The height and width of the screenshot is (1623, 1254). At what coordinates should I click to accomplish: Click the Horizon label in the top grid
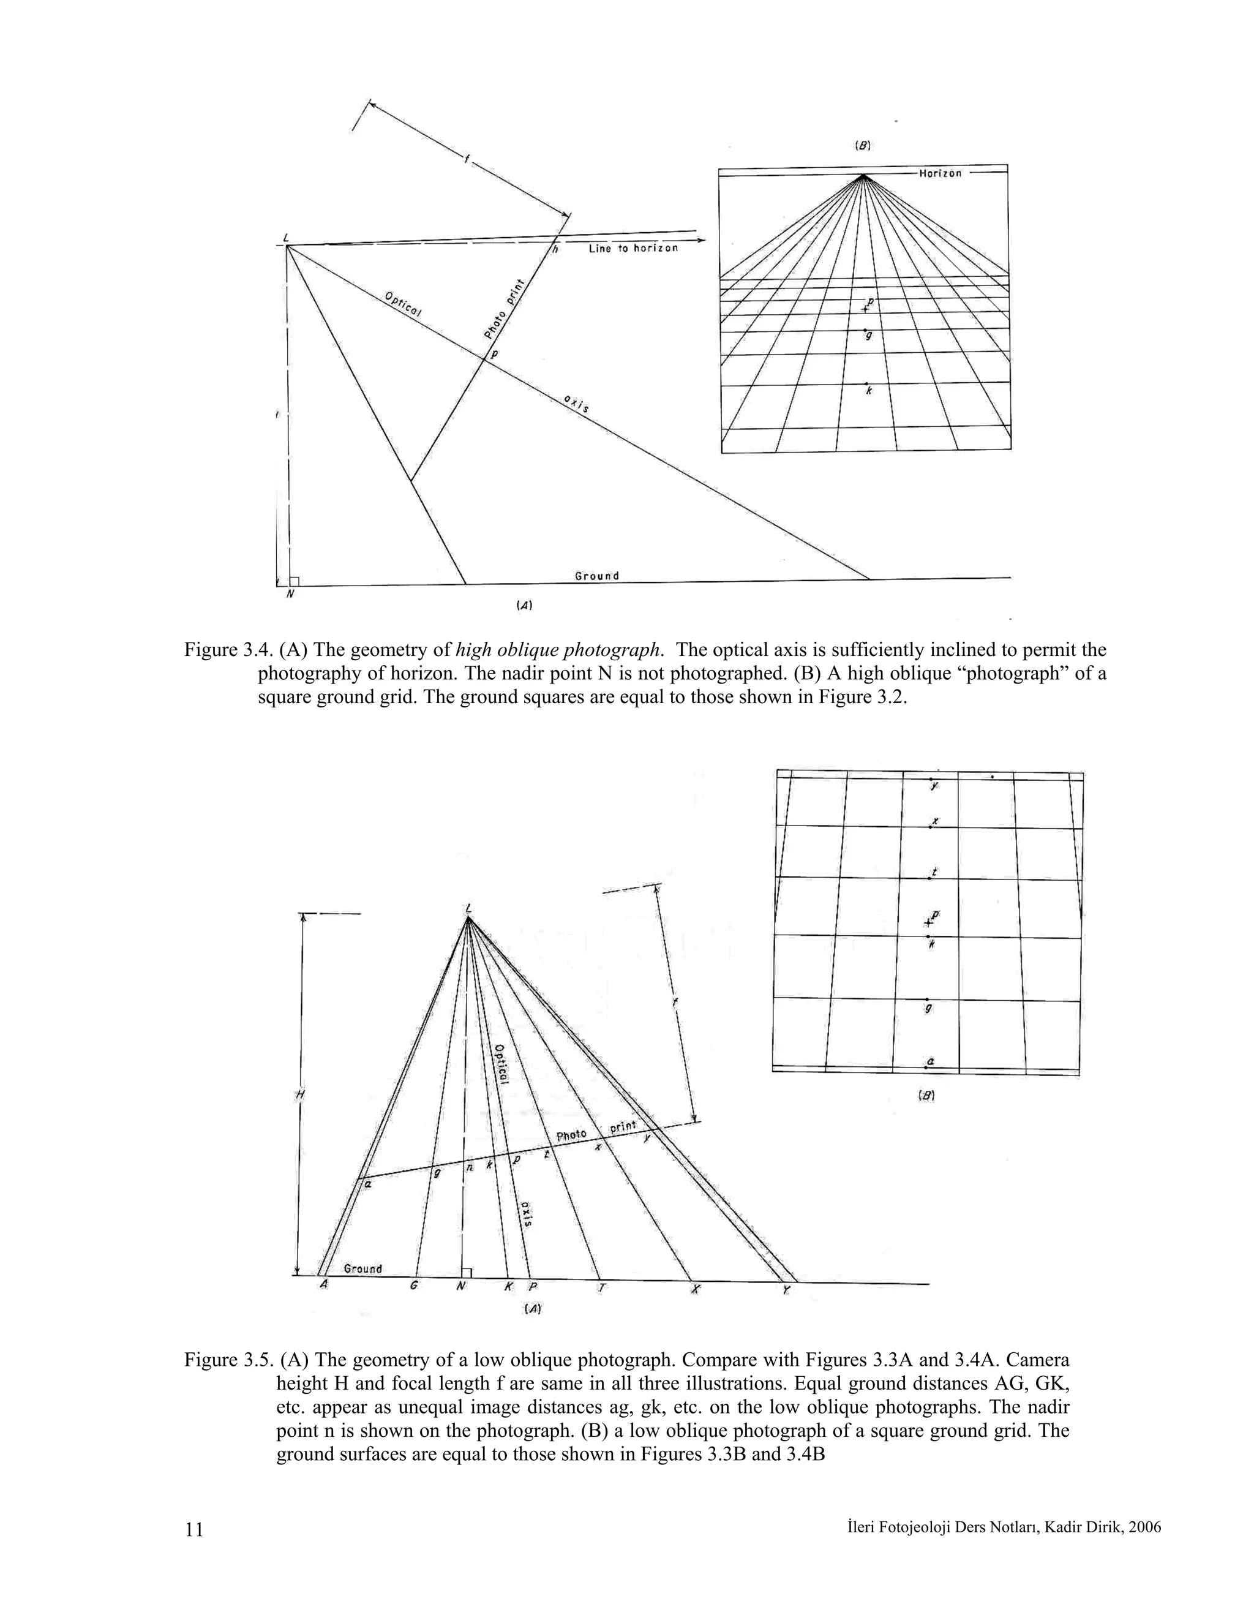pos(940,173)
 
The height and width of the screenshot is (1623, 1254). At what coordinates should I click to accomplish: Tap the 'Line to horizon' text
pos(633,248)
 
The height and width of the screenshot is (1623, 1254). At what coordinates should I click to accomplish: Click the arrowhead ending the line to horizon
pos(701,241)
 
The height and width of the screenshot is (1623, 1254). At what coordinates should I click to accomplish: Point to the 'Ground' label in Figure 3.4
pos(596,576)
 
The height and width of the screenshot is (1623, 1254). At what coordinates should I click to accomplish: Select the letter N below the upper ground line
pos(290,595)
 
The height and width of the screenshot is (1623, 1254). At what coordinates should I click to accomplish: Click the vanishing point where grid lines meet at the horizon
pos(863,176)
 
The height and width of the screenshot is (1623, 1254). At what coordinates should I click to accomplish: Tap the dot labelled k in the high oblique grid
pos(866,383)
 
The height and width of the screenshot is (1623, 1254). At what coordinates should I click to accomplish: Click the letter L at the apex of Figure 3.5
pos(468,908)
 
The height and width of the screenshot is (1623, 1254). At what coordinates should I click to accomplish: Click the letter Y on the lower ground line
pos(786,1292)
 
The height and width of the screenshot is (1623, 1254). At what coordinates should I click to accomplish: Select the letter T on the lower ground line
pos(601,1288)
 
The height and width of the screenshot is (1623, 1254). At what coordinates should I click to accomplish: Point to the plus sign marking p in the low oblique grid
pos(927,922)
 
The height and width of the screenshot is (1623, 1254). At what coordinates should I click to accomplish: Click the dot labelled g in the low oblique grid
pos(927,1000)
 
